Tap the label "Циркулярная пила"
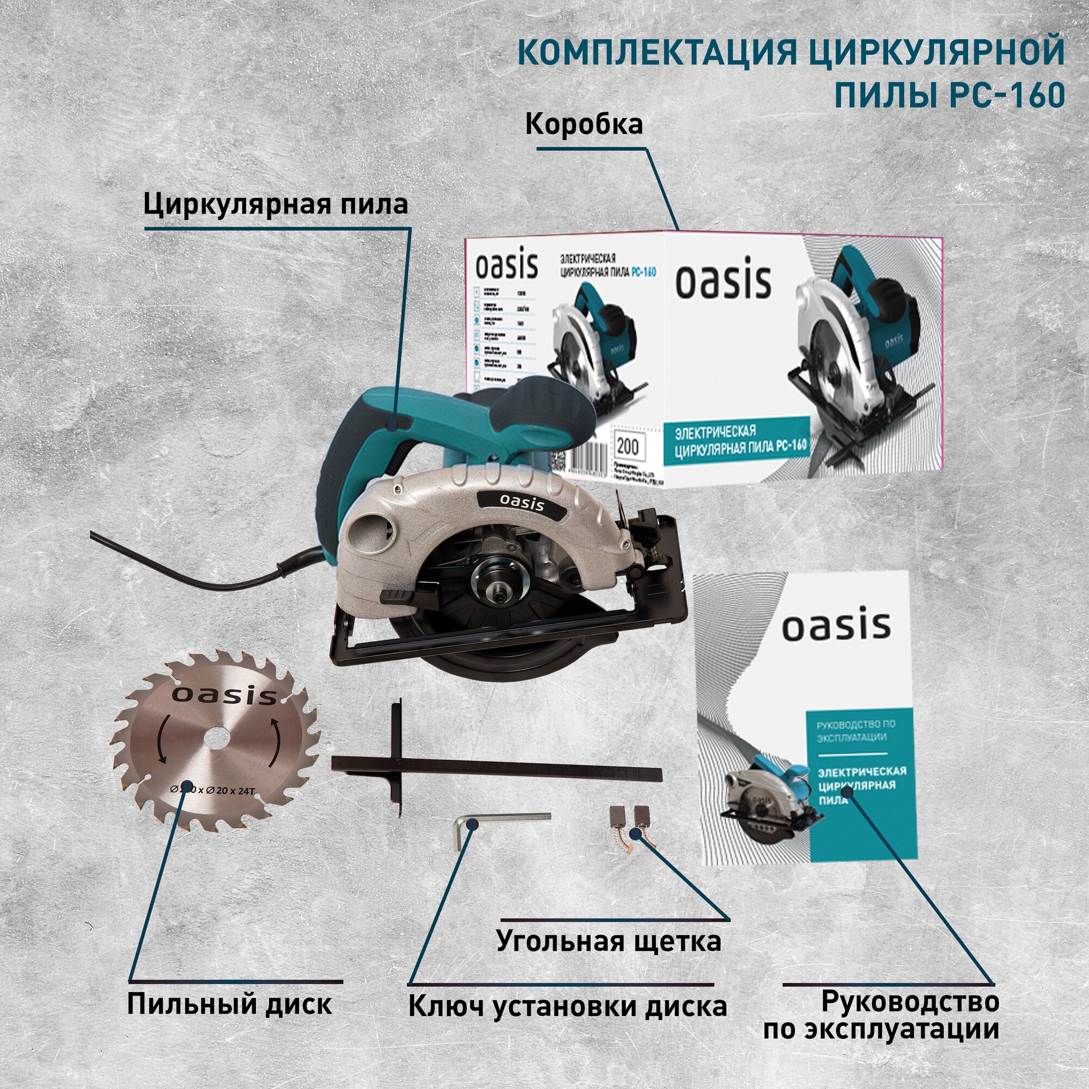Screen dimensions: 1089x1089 (276, 205)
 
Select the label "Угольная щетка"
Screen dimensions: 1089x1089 (609, 941)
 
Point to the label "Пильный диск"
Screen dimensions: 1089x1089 (229, 1005)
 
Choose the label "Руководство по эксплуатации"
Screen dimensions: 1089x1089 (881, 1014)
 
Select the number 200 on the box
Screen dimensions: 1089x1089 (627, 446)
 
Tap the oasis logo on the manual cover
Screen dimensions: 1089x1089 (836, 627)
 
